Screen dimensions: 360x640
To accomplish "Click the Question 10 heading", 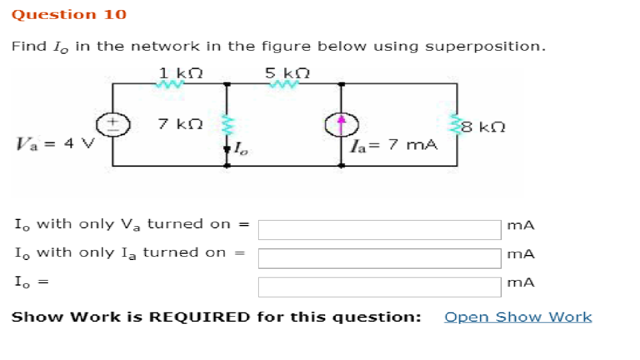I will click(69, 14).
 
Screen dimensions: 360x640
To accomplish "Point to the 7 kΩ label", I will click(180, 124).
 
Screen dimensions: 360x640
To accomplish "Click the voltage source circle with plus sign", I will click(112, 124).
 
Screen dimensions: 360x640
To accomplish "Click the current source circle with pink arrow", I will click(341, 124).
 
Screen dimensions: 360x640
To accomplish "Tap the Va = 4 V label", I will click(54, 144).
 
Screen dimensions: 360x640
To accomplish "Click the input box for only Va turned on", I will click(379, 229).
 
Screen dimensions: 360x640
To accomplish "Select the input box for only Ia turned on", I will click(379, 257).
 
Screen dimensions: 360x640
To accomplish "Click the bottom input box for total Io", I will click(379, 287).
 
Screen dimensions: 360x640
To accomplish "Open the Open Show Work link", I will click(517, 317).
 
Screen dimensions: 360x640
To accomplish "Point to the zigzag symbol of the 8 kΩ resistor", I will click(457, 126).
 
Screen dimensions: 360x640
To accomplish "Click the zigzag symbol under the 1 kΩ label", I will click(172, 83).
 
